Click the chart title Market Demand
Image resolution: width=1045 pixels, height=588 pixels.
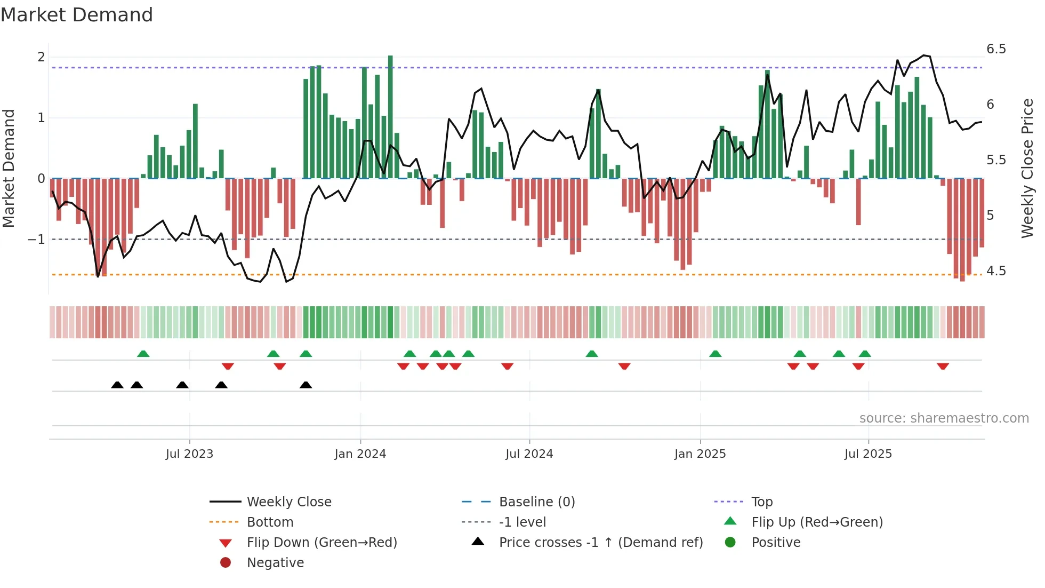coord(77,15)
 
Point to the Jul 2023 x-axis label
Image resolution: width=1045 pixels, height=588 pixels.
coord(189,454)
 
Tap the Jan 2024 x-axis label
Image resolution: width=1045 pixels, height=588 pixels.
coord(360,454)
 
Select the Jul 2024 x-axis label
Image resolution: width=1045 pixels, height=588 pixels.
coord(529,454)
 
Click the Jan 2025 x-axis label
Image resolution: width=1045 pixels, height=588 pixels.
coord(700,454)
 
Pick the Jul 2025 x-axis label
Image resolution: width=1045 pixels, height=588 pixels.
coord(868,454)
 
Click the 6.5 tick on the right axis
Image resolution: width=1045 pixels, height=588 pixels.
coord(996,49)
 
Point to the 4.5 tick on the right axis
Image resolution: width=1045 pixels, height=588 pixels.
coord(996,271)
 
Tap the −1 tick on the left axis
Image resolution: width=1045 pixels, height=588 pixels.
coord(36,240)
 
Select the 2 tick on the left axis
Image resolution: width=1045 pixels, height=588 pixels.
coord(41,57)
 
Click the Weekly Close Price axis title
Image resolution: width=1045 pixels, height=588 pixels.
coord(1027,168)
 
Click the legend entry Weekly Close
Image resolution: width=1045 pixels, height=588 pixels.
coord(289,502)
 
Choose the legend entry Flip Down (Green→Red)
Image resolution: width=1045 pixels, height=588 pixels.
coord(321,543)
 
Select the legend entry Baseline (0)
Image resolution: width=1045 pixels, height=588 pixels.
coord(536,502)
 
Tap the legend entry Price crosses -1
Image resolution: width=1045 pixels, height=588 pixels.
coord(600,543)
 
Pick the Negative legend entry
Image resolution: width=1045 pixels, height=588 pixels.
coord(275,563)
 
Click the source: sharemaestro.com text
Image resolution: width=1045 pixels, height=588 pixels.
coord(944,418)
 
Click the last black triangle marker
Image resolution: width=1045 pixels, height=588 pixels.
coord(306,385)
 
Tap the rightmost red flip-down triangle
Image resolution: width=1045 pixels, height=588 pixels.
coord(943,366)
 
